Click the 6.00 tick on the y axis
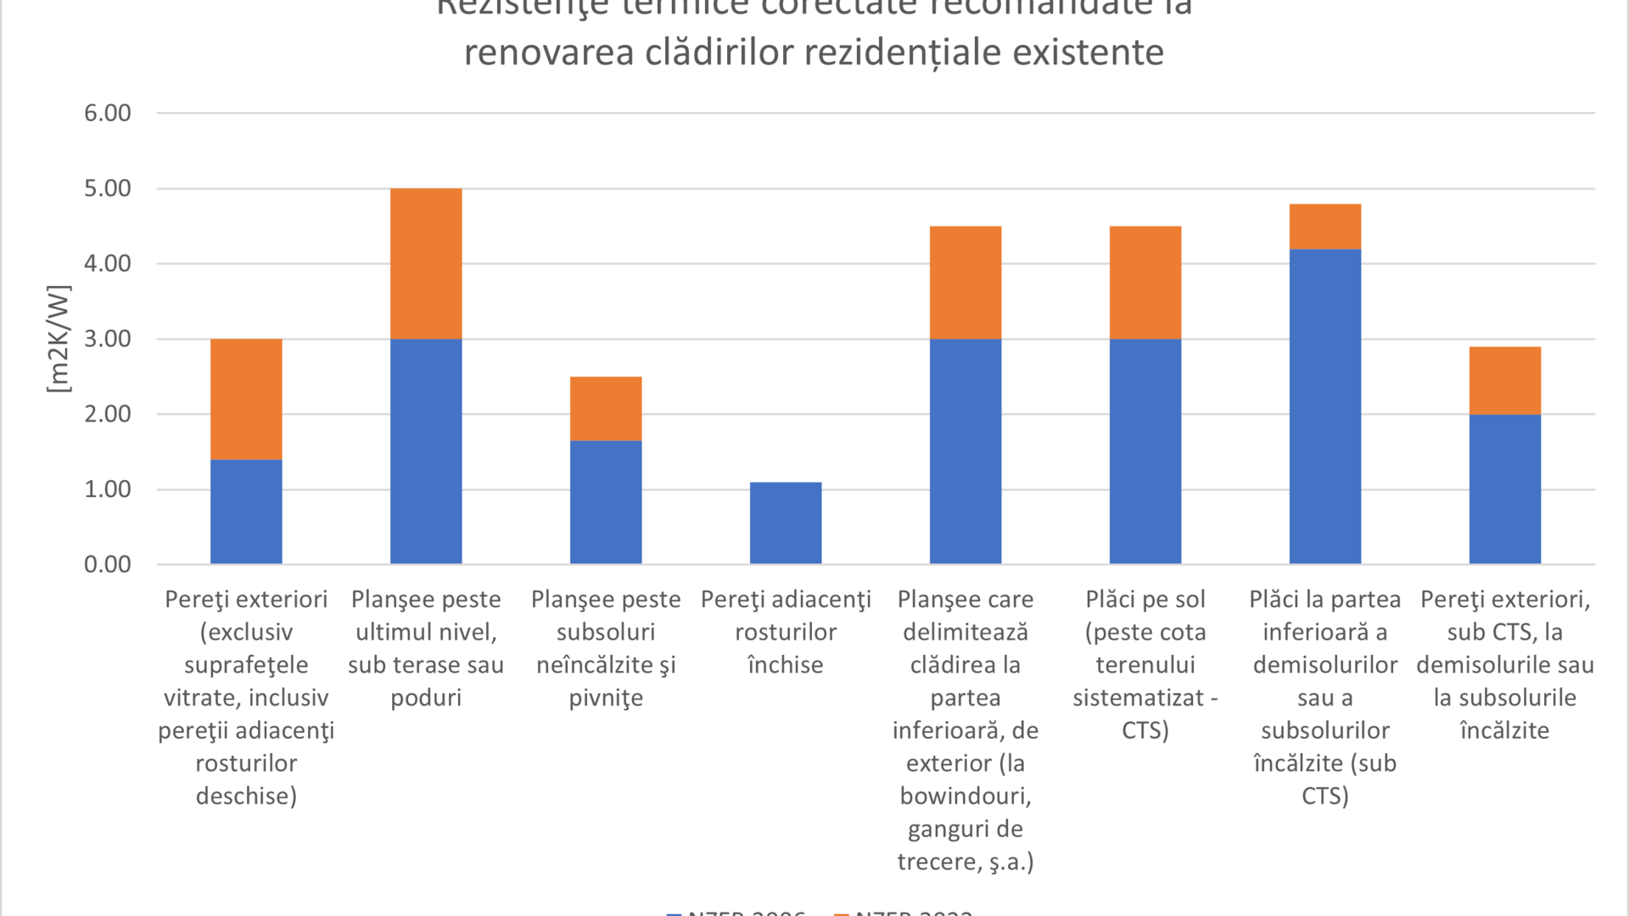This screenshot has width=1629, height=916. click(108, 113)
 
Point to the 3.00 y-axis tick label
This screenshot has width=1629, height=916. click(108, 338)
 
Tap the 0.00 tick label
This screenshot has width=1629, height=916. click(108, 564)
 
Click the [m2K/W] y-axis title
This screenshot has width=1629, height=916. click(58, 338)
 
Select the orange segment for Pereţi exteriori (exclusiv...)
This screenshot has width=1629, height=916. click(246, 399)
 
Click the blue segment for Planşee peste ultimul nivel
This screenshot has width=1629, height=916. click(426, 451)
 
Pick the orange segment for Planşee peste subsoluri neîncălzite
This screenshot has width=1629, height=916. click(606, 409)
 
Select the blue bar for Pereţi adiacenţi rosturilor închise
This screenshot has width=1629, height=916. click(786, 522)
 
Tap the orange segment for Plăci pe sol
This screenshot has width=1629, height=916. click(1145, 282)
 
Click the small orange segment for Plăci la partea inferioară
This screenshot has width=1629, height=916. click(1325, 226)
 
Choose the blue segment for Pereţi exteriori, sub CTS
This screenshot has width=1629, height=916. click(1505, 489)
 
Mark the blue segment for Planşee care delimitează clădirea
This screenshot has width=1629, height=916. click(966, 451)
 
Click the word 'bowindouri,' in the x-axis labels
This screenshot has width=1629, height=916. click(966, 796)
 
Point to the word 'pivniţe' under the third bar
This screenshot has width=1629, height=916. click(606, 698)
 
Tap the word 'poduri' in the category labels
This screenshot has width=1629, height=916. click(426, 698)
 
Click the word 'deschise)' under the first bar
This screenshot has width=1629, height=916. click(246, 796)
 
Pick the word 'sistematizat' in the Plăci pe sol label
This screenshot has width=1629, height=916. click(1138, 698)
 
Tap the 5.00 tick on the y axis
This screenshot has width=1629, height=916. click(108, 188)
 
